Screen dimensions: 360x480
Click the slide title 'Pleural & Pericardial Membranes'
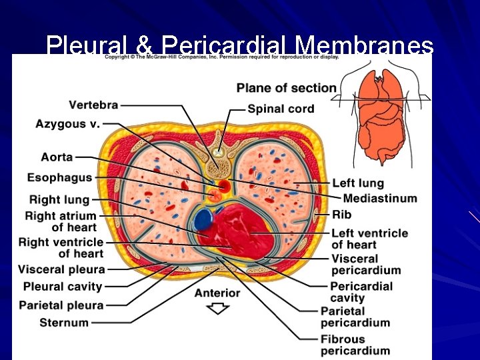click(x=240, y=45)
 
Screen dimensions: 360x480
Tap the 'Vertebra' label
click(x=93, y=105)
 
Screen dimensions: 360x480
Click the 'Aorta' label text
click(x=57, y=157)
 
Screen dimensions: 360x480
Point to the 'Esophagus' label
click(x=59, y=178)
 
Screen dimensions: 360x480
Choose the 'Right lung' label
click(x=59, y=199)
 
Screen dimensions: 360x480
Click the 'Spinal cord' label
click(x=281, y=109)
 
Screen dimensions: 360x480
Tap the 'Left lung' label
click(x=358, y=183)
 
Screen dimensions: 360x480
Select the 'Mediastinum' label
click(x=380, y=198)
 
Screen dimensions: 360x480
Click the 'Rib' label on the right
click(x=341, y=215)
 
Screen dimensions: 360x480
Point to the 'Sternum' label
click(x=64, y=323)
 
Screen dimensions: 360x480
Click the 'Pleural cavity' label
click(x=63, y=287)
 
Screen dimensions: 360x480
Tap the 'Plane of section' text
click(x=287, y=87)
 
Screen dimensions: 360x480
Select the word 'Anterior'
click(x=217, y=293)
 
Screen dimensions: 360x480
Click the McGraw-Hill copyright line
click(x=222, y=57)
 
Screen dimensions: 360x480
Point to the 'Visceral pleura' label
click(x=61, y=269)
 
